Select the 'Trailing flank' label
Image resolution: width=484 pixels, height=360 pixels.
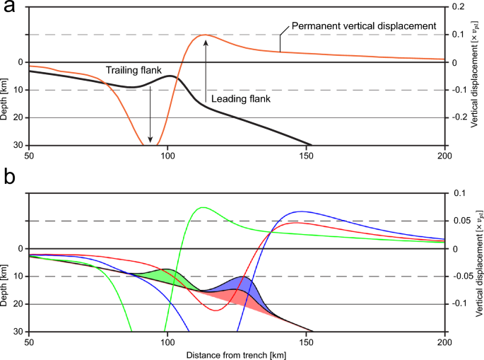coord(134,70)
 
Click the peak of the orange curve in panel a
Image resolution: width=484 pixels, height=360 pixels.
coord(205,35)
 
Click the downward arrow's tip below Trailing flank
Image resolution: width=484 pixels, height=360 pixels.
coord(150,142)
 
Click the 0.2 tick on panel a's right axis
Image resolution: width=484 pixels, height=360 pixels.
coord(459,6)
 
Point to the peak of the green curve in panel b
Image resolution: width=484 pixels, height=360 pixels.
coord(203,207)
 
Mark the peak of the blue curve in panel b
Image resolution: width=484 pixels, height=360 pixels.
coord(302,211)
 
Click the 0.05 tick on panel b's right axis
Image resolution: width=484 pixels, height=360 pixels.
coord(460,221)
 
